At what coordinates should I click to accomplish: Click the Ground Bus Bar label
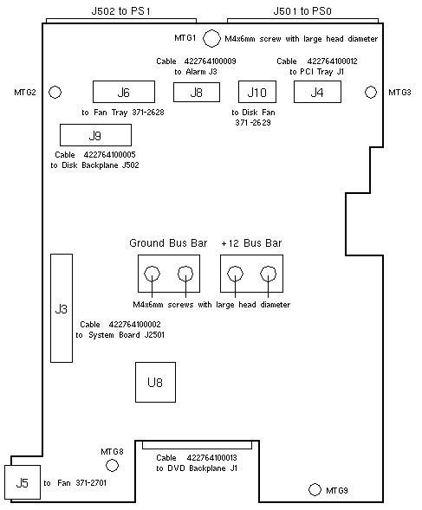[x=168, y=243]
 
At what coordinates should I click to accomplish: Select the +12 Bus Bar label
[x=251, y=243]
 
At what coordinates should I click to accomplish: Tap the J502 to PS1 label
[x=120, y=11]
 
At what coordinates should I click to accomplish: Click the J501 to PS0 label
[x=302, y=11]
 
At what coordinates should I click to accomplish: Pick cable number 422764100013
[x=211, y=458]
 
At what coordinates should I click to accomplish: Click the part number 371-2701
[x=91, y=482]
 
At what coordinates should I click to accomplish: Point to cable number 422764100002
[x=134, y=325]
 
